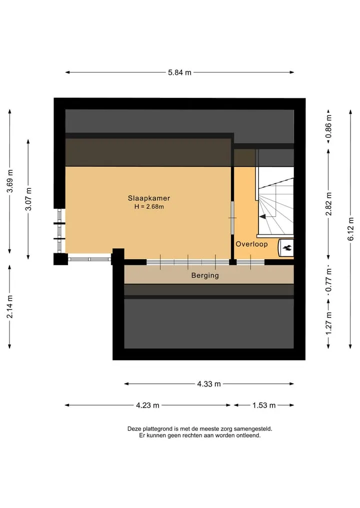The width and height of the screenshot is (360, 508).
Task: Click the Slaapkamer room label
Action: (149, 198)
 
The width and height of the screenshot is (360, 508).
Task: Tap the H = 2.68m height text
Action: (149, 206)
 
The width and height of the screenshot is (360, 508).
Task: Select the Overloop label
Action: (251, 244)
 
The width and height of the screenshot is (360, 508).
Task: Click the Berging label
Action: (205, 275)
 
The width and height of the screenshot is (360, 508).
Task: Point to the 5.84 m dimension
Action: (179, 72)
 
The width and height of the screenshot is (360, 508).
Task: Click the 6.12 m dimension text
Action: (350, 229)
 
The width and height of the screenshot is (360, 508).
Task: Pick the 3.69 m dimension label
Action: (10, 181)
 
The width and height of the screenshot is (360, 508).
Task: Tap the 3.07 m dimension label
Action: (28, 199)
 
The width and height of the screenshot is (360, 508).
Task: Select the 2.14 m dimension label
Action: (10, 306)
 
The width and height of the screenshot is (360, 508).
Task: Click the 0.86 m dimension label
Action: (329, 126)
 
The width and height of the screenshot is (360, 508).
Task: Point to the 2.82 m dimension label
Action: (329, 204)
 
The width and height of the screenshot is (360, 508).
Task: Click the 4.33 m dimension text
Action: (209, 384)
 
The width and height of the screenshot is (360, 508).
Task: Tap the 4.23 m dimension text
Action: (147, 405)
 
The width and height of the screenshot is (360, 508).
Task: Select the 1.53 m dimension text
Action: (264, 405)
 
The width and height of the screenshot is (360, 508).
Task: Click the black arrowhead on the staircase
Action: (262, 216)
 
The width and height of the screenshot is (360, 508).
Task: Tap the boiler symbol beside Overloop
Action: (286, 248)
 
